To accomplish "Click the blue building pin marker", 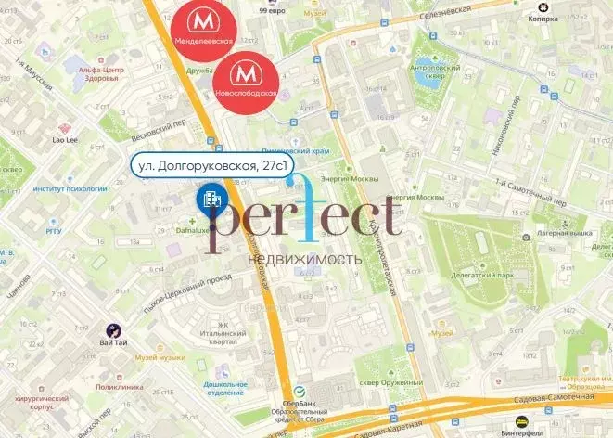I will coord(208,197).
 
